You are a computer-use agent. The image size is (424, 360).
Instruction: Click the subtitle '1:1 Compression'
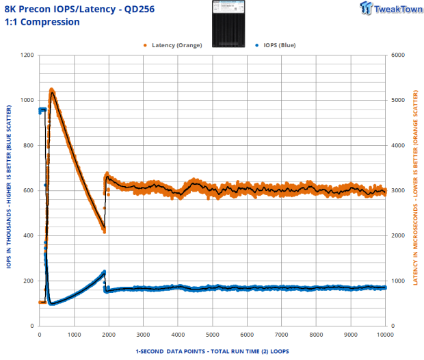pyautogui.click(x=42, y=22)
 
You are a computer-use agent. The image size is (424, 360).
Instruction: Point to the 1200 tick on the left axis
pyautogui.click(x=27, y=55)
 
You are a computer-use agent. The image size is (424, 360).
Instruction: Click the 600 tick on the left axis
pyautogui.click(x=29, y=190)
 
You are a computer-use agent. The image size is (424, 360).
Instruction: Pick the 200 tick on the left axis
pyautogui.click(x=29, y=281)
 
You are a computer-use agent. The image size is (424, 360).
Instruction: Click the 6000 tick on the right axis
pyautogui.click(x=398, y=55)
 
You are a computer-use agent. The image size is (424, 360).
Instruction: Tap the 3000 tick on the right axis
pyautogui.click(x=398, y=190)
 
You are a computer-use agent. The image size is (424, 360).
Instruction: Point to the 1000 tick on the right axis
pyautogui.click(x=398, y=281)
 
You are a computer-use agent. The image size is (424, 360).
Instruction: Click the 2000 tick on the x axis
pyautogui.click(x=108, y=335)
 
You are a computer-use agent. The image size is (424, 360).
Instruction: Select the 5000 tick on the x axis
pyautogui.click(x=212, y=335)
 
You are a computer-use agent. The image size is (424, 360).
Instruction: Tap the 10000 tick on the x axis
pyautogui.click(x=385, y=335)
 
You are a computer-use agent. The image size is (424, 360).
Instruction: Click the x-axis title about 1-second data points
pyautogui.click(x=212, y=350)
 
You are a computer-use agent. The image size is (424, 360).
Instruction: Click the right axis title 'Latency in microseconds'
pyautogui.click(x=415, y=190)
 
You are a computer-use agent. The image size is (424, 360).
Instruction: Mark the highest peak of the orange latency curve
pyautogui.click(x=52, y=90)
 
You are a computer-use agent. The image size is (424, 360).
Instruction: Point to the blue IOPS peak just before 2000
pyautogui.click(x=104, y=272)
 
